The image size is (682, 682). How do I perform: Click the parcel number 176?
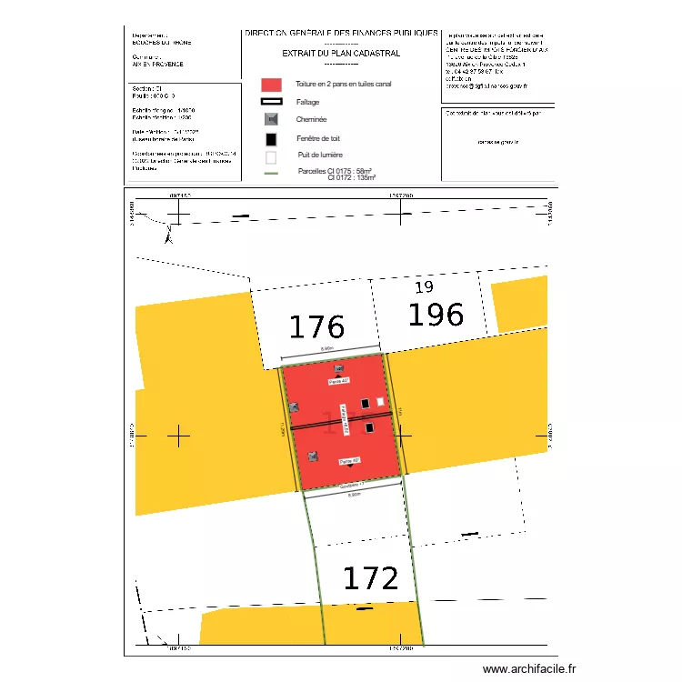pos(316,326)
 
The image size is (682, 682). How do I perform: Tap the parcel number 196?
pos(435,315)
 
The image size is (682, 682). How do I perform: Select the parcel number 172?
pos(370,578)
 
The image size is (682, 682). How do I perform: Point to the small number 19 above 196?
pos(424,287)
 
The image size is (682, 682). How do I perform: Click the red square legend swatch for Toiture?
pos(271,84)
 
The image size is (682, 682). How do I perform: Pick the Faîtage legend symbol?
pos(271,102)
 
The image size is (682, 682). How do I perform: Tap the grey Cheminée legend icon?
pos(271,119)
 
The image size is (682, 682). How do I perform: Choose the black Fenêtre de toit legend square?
pos(271,139)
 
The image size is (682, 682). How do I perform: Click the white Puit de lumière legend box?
pos(271,156)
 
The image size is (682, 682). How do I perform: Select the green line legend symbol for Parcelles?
pos(271,173)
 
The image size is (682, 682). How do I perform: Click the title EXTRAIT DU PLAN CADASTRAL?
pos(341,53)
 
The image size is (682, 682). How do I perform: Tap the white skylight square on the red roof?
pos(381,401)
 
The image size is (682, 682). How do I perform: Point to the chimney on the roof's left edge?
pos(293,407)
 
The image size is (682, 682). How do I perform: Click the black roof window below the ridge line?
pos(369,427)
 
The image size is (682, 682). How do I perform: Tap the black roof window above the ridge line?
pos(366,403)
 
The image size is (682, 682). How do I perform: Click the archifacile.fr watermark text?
pos(529,668)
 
